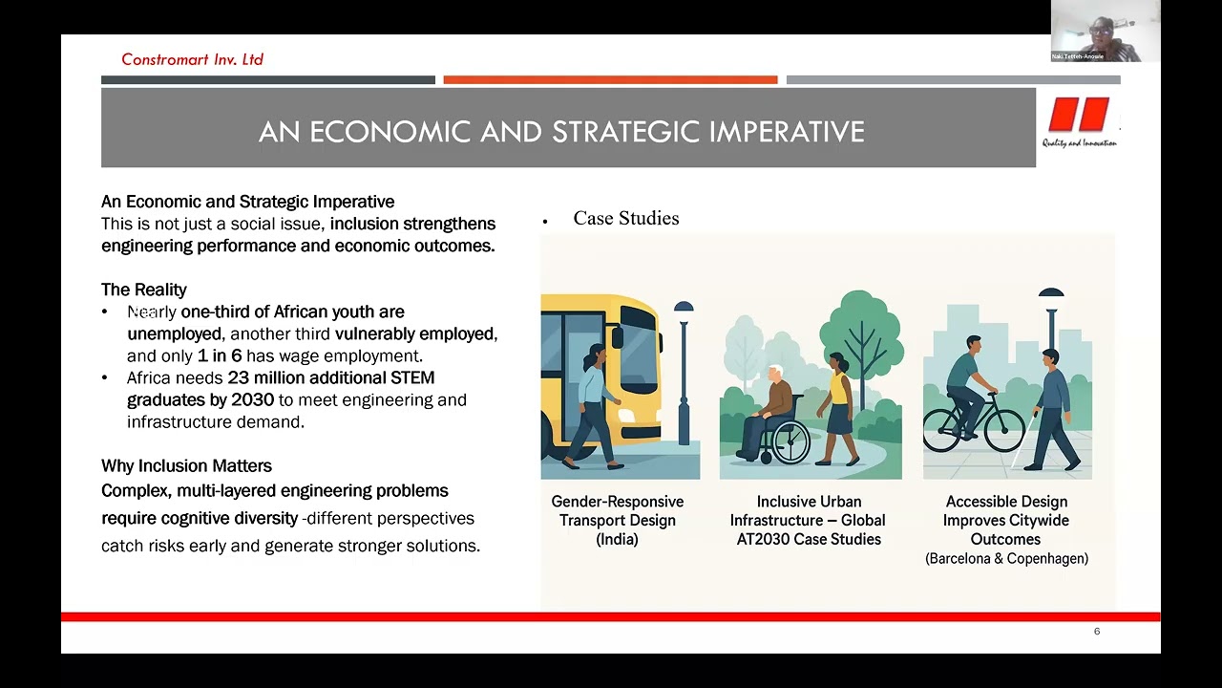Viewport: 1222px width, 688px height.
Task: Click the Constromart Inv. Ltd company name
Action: [192, 59]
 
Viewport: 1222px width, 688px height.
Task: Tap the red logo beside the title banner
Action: [1079, 116]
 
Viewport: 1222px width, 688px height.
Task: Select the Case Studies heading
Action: [625, 219]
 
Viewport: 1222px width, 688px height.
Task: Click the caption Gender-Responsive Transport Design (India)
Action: [618, 520]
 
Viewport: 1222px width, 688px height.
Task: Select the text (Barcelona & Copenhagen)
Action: [1006, 559]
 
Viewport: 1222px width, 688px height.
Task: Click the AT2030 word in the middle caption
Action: [767, 539]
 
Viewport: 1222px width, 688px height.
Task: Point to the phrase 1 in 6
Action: [220, 356]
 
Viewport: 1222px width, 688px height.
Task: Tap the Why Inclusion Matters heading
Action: [186, 466]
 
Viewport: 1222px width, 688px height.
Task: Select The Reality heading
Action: [144, 290]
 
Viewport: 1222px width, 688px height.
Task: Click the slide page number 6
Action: [1097, 632]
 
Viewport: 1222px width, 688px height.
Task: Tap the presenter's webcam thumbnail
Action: [1105, 31]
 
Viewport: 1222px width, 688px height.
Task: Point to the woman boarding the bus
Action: [591, 401]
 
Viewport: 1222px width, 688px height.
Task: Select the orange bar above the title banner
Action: [610, 80]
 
